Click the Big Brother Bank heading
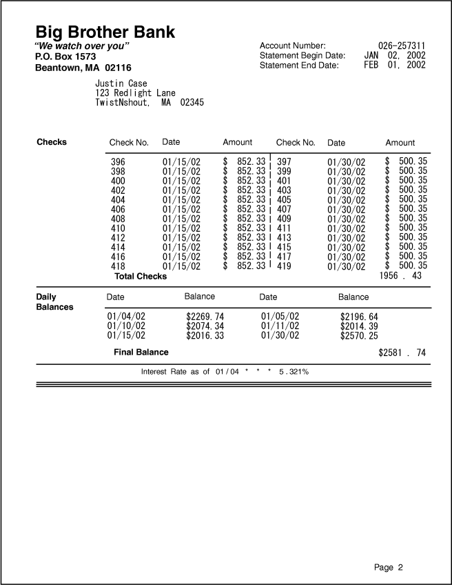click(105, 32)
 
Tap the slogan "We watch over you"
click(82, 46)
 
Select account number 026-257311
click(402, 46)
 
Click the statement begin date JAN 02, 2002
click(395, 55)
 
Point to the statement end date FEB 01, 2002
click(395, 66)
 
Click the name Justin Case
click(121, 83)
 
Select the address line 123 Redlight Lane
click(135, 92)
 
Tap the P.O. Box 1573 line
click(65, 57)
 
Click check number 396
click(118, 162)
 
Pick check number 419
click(284, 266)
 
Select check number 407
click(284, 209)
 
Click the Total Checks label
click(141, 276)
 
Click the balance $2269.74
click(205, 317)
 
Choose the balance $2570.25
click(359, 336)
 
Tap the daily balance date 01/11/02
click(280, 326)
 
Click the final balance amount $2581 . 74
click(402, 353)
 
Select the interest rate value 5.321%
click(294, 372)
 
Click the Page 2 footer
click(389, 567)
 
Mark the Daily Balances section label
click(54, 301)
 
